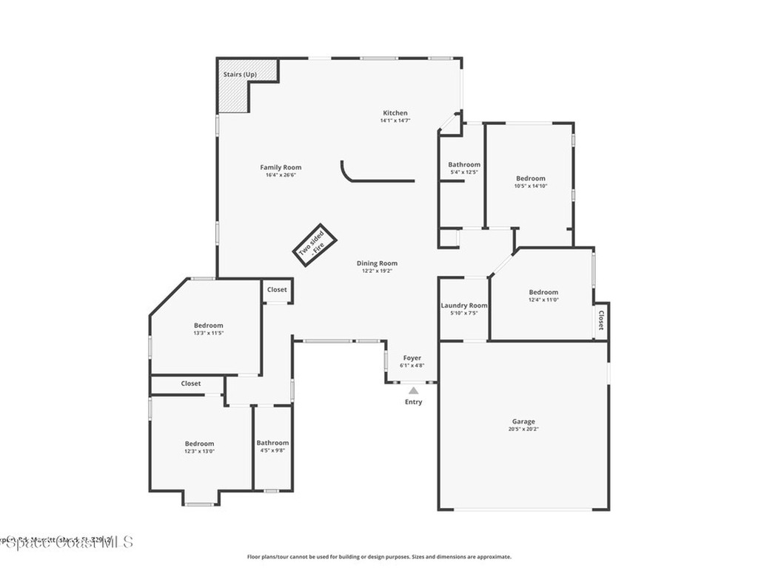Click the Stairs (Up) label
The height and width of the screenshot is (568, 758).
[x=240, y=75]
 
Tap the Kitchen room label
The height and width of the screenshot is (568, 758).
[x=395, y=113]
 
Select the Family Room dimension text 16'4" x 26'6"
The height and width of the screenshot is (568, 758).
[x=281, y=175]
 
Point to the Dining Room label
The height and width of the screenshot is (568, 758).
[x=377, y=263]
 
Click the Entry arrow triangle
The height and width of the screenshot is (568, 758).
[x=413, y=390]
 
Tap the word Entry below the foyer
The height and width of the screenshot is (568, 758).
[x=413, y=402]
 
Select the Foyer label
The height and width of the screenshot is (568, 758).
[x=412, y=358]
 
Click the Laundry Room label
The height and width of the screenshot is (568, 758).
[x=464, y=305]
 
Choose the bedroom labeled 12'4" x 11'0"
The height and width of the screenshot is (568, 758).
[x=543, y=296]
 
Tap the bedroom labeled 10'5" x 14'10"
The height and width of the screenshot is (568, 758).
[x=531, y=182]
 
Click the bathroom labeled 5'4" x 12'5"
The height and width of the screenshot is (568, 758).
[x=464, y=168]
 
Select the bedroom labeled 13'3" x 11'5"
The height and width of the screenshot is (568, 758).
[x=208, y=329]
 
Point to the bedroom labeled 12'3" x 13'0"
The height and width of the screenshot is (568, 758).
[x=199, y=447]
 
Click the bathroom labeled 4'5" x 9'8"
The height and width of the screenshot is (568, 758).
[x=272, y=447]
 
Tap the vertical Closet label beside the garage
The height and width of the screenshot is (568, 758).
[x=601, y=320]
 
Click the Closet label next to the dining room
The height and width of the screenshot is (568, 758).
[x=277, y=290]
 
